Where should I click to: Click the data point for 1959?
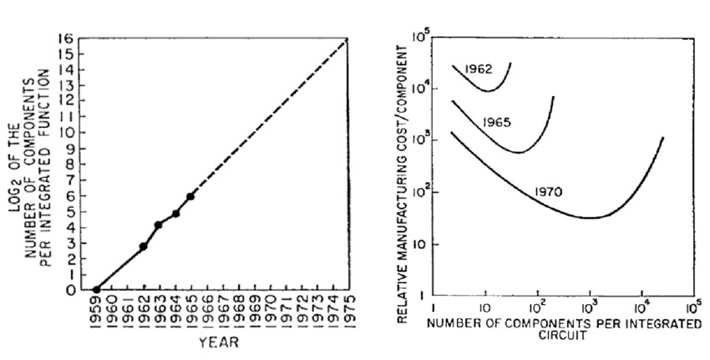pyautogui.click(x=96, y=290)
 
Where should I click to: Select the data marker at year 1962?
pyautogui.click(x=144, y=246)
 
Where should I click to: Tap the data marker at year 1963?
pyautogui.click(x=159, y=225)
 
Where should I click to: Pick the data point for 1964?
pyautogui.click(x=175, y=213)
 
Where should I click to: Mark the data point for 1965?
pyautogui.click(x=190, y=196)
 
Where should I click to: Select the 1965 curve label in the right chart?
pyautogui.click(x=496, y=122)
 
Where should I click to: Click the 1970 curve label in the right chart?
pyautogui.click(x=548, y=191)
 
